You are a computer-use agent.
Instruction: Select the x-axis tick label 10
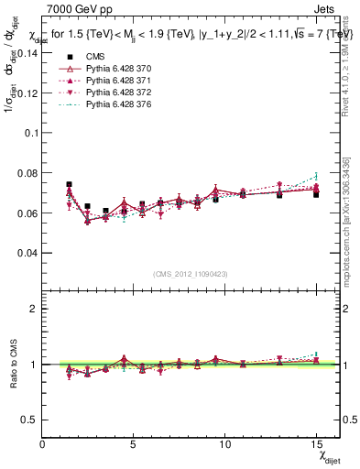224,444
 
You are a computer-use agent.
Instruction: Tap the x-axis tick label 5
134,444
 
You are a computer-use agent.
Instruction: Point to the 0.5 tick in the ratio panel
29,420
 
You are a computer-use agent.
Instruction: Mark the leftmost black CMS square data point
70,184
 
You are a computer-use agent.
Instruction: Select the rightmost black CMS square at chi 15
316,194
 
